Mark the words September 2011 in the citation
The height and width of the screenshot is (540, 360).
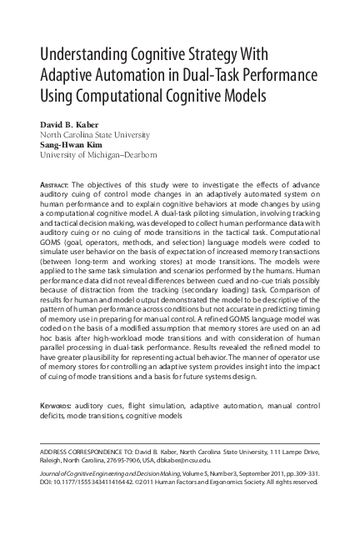tap(251, 474)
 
